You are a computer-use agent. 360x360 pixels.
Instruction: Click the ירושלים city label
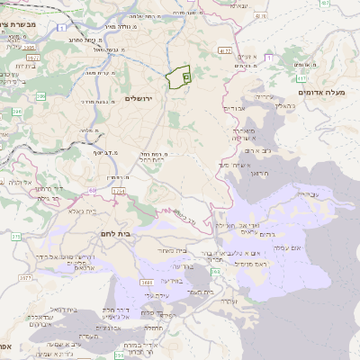tap(141, 97)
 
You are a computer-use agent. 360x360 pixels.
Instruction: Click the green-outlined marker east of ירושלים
tap(180, 78)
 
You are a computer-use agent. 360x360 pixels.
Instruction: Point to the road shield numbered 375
tap(15, 236)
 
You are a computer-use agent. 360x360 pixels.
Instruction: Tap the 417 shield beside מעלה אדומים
tap(302, 78)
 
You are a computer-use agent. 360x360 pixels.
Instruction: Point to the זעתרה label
tap(229, 301)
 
